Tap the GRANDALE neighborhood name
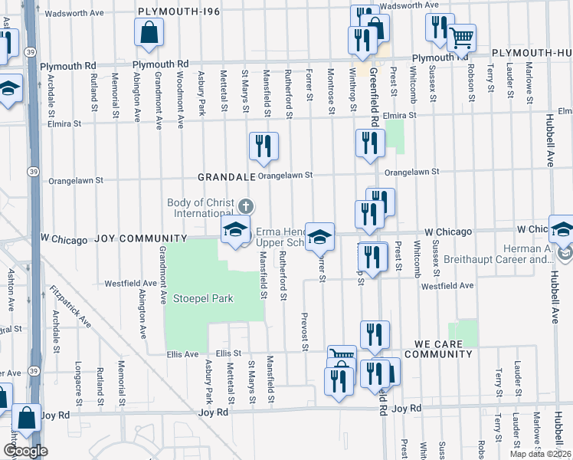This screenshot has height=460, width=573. [x=226, y=176]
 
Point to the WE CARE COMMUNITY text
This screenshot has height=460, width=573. [x=444, y=349]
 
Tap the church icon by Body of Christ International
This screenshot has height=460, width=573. [x=245, y=205]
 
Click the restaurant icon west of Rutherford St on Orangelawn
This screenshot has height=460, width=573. [x=264, y=146]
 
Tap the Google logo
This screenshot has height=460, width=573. [x=25, y=451]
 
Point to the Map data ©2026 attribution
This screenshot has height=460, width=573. [x=541, y=454]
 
